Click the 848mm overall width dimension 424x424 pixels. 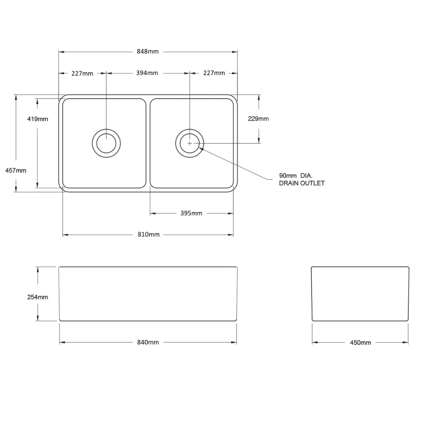148,51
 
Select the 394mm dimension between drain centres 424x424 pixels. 147,73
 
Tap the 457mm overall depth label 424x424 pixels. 16,171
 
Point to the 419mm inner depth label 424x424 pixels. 38,119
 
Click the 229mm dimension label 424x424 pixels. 258,119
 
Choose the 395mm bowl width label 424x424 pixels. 191,213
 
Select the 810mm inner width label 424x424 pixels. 148,234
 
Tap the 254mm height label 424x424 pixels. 38,297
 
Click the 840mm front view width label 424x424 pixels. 148,342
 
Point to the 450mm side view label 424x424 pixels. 360,343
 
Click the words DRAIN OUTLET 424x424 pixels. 302,183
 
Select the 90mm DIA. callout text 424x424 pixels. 296,176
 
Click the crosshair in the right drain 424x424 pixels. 190,143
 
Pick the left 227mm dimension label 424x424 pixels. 82,73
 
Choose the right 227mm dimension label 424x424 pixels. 214,73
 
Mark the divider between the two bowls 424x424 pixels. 148,143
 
